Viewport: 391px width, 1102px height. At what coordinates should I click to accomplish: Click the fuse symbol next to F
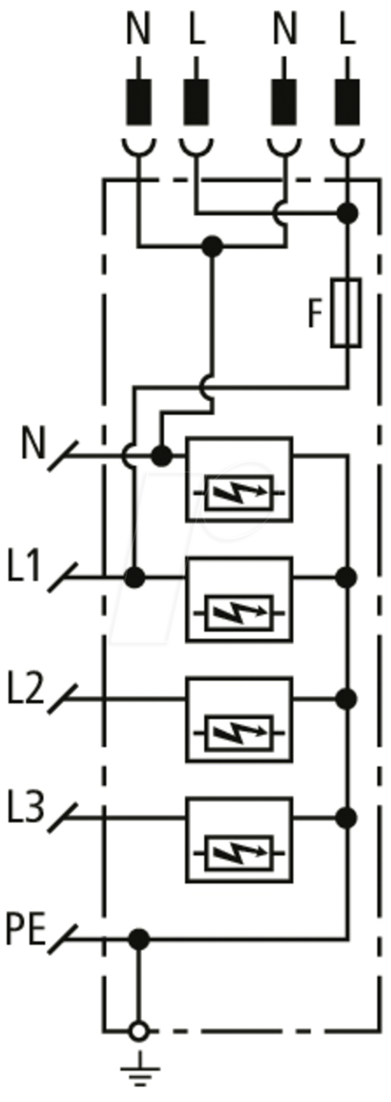[346, 312]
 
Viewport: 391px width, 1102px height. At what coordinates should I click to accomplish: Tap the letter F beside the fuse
[315, 313]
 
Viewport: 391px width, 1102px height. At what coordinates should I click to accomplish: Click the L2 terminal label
[25, 688]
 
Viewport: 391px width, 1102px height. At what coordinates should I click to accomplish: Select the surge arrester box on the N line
[239, 479]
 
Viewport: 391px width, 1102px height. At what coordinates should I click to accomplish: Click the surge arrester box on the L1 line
[239, 599]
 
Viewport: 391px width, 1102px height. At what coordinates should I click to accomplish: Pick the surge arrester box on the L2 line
[239, 719]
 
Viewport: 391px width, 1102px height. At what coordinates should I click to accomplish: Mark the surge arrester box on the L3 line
[239, 840]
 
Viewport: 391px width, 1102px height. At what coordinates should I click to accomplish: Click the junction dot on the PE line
[139, 939]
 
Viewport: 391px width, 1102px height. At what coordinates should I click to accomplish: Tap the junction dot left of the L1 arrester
[135, 577]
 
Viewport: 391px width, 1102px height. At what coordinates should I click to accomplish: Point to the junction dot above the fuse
[347, 213]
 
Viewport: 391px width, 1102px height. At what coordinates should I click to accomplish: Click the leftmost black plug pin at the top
[139, 101]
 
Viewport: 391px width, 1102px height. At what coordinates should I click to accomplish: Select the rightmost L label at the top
[347, 29]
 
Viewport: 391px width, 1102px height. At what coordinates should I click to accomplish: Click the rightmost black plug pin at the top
[347, 101]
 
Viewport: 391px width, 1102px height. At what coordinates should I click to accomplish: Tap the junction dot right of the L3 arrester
[347, 818]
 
